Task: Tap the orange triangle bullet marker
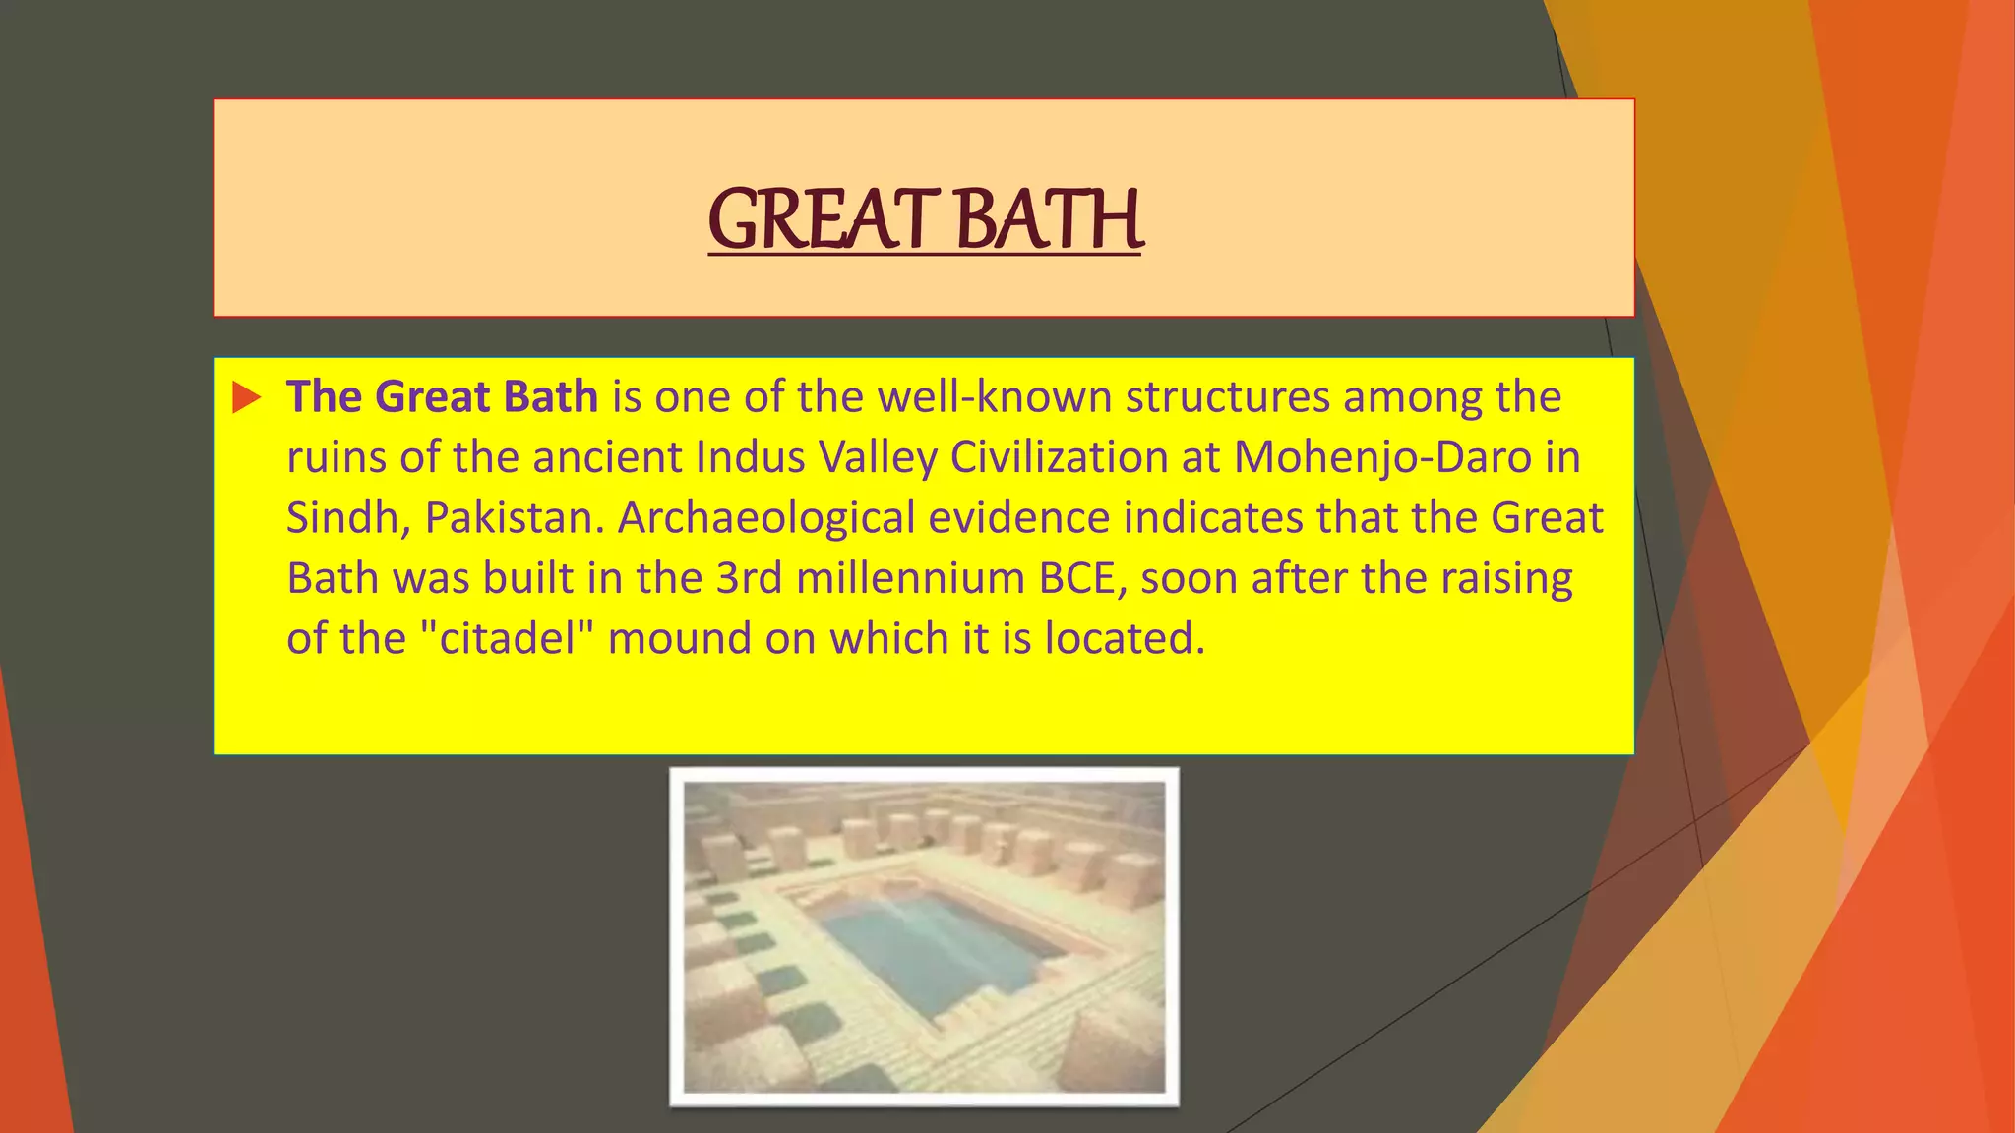point(246,398)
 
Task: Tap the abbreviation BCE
point(1082,578)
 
